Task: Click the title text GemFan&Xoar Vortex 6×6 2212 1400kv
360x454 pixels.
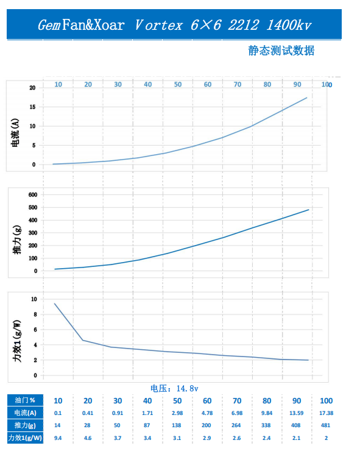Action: pos(174,25)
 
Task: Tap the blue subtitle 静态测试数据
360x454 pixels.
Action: pos(281,51)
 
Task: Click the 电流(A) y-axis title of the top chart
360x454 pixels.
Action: pos(15,133)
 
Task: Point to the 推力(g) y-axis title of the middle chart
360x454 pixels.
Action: pos(17,239)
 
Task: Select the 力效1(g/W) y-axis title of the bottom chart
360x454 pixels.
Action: pos(17,341)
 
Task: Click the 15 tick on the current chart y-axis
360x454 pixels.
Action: pos(32,107)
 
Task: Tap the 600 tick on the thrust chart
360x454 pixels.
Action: pos(33,194)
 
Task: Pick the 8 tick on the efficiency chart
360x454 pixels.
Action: pos(35,314)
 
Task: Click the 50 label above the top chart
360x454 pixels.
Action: pos(178,84)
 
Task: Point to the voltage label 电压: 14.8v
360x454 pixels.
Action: pos(174,388)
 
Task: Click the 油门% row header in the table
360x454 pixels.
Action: pos(25,400)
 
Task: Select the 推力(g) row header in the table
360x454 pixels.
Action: pos(25,425)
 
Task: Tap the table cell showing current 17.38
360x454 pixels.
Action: pos(326,413)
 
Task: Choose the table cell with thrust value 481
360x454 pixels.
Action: pos(325,425)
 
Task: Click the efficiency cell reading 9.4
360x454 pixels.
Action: pos(58,438)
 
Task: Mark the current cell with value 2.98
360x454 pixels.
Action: pos(177,413)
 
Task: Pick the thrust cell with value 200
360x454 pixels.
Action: pos(206,425)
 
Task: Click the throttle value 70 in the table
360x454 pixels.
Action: pos(237,401)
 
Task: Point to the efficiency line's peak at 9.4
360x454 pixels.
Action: pos(54,303)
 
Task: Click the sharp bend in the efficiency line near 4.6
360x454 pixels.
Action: pos(83,340)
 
